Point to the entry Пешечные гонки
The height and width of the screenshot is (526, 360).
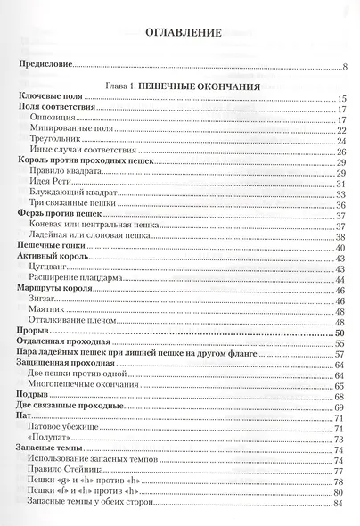tap(51, 245)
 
